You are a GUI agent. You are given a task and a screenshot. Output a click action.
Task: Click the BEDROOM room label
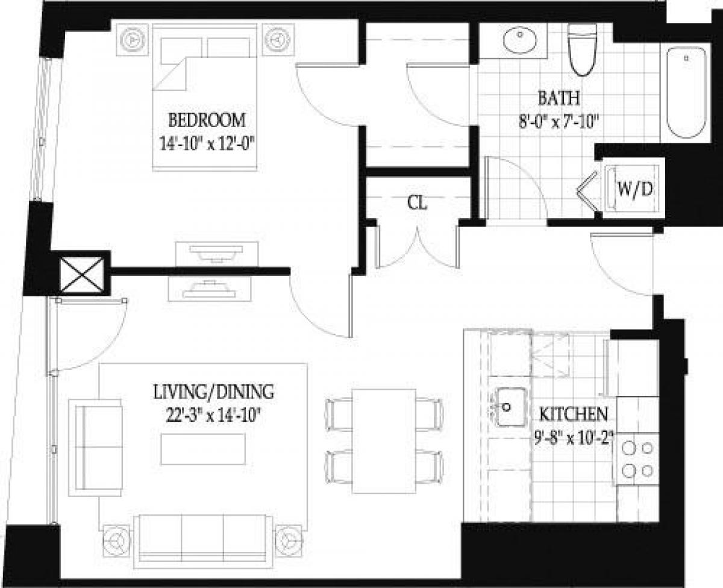(207, 120)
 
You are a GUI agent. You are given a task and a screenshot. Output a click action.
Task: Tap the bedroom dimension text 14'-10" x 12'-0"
(207, 143)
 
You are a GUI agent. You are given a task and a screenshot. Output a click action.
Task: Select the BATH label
(559, 97)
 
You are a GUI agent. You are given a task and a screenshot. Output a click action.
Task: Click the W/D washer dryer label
(634, 189)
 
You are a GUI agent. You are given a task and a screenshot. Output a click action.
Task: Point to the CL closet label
(418, 203)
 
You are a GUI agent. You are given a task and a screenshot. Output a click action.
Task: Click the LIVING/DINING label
(214, 392)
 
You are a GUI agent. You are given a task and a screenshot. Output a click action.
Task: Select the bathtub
(686, 94)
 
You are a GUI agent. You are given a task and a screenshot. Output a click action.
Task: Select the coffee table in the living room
(203, 449)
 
